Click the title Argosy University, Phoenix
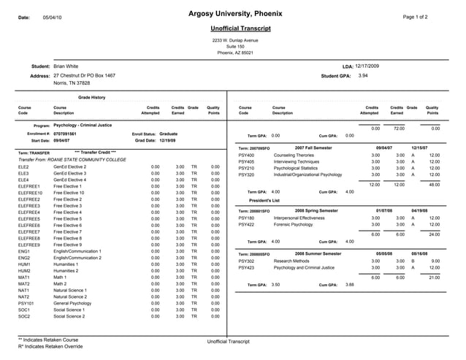(233, 14)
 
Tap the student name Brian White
(66, 66)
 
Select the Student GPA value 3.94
(363, 75)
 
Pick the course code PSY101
(26, 302)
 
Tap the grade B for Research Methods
(413, 260)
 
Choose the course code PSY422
(246, 224)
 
